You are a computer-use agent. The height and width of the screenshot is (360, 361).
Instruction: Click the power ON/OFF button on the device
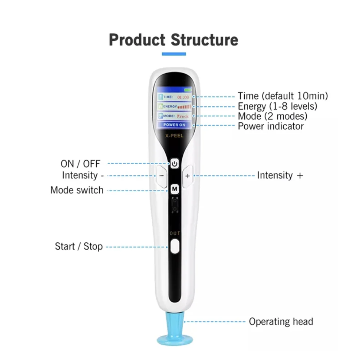tap(174, 164)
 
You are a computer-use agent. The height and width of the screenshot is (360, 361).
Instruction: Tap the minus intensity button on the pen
tap(162, 176)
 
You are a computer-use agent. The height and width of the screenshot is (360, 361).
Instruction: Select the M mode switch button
tap(174, 189)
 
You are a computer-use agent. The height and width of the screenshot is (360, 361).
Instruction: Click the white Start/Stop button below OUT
tap(174, 246)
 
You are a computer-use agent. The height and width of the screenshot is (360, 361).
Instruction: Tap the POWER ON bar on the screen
tap(174, 125)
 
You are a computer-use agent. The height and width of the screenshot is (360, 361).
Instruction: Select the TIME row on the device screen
tap(174, 98)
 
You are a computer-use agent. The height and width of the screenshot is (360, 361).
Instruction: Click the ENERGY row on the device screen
tap(174, 107)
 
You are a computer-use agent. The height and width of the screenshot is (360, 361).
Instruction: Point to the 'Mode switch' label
tap(77, 190)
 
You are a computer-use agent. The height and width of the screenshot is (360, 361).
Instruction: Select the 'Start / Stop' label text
tap(79, 246)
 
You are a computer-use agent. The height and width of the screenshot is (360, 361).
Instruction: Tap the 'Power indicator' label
tap(271, 126)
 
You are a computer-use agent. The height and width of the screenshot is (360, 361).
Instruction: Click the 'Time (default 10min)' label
tap(283, 96)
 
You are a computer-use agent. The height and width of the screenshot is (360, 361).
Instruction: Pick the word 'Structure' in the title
tap(204, 39)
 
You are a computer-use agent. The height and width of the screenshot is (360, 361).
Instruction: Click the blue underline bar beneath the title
tap(174, 54)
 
